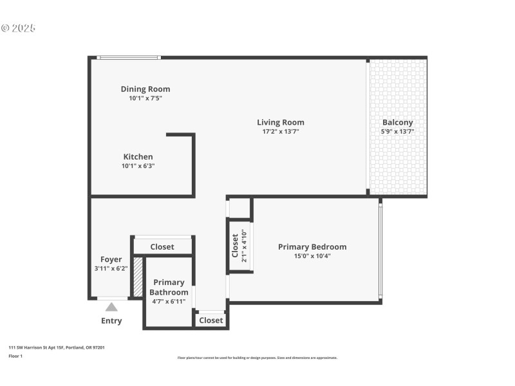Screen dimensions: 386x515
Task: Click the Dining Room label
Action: click(145, 89)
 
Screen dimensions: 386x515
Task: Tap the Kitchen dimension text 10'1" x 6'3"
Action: click(138, 166)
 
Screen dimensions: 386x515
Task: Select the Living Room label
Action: click(280, 122)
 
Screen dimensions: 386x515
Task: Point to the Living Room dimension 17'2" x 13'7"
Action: click(280, 131)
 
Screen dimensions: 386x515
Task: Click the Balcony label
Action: click(397, 122)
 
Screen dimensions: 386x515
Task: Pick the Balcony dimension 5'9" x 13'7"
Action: click(397, 131)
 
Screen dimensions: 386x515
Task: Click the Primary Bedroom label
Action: click(312, 246)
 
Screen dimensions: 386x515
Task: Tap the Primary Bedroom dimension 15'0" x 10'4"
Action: click(312, 255)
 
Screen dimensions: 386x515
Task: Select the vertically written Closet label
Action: click(235, 244)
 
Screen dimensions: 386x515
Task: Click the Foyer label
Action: click(111, 259)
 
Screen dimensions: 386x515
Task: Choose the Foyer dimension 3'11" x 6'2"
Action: click(111, 268)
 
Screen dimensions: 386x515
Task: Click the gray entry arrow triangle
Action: click(111, 307)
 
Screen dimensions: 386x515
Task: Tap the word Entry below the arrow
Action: click(111, 320)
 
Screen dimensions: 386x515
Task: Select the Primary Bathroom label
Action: click(169, 287)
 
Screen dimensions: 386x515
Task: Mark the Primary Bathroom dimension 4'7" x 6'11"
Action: click(169, 301)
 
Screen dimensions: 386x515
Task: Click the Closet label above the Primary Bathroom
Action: click(162, 246)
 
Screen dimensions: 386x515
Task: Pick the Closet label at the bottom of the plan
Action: click(211, 320)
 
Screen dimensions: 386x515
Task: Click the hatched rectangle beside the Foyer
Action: click(138, 277)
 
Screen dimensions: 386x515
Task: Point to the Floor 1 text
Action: click(15, 356)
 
